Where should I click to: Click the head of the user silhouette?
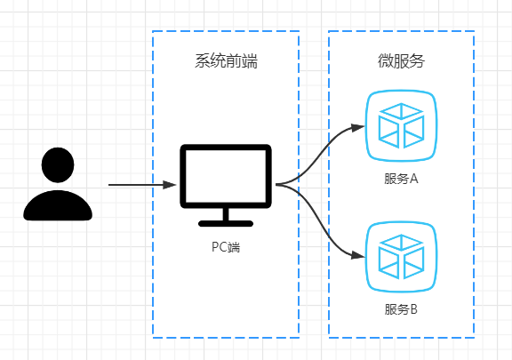58,165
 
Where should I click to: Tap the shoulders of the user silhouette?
58,205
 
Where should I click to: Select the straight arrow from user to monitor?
138,185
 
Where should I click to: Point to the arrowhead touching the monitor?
170,185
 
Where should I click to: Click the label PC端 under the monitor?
225,247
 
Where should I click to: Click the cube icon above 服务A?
401,125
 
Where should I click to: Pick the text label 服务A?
401,179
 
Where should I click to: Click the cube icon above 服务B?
401,256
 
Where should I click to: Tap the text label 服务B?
401,310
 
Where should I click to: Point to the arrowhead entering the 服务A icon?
359,127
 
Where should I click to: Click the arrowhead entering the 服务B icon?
359,256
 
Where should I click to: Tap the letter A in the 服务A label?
413,179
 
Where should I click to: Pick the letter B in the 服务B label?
413,310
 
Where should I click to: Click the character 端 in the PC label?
234,247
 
